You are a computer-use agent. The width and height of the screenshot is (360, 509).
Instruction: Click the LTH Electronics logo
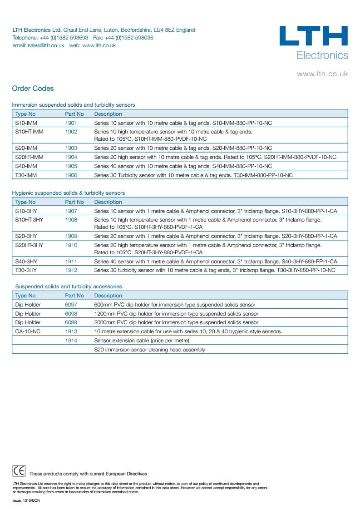(314, 43)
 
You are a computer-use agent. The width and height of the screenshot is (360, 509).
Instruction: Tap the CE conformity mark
(19, 470)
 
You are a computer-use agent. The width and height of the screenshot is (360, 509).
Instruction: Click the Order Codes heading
(33, 89)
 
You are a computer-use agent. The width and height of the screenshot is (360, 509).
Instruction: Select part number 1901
(71, 123)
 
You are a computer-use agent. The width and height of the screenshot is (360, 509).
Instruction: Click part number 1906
(71, 175)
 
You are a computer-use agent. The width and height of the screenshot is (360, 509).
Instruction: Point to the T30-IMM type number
(25, 175)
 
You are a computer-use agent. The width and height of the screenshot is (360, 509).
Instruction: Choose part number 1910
(71, 245)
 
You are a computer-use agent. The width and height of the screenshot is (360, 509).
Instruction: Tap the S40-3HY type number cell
(26, 262)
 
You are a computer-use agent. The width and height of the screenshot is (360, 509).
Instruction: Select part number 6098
(71, 314)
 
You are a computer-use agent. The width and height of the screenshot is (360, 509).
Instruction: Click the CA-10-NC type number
(28, 331)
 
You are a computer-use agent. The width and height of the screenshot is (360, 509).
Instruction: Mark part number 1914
(71, 341)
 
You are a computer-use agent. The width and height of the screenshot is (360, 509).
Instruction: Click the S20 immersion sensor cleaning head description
(149, 350)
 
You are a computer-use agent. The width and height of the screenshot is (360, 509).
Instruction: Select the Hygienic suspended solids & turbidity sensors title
(68, 193)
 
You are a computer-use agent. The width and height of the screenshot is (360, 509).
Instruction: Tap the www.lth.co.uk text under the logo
(322, 74)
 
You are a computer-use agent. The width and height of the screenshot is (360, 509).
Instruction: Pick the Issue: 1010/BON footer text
(23, 500)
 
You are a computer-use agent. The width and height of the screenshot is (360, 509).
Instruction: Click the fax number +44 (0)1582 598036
(129, 38)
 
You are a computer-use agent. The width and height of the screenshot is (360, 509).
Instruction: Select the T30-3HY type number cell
(26, 270)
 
